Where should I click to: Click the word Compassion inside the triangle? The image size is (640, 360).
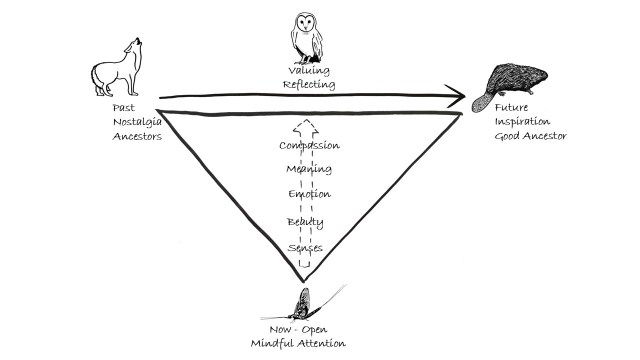tap(309, 145)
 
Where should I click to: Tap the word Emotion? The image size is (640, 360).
tap(309, 194)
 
